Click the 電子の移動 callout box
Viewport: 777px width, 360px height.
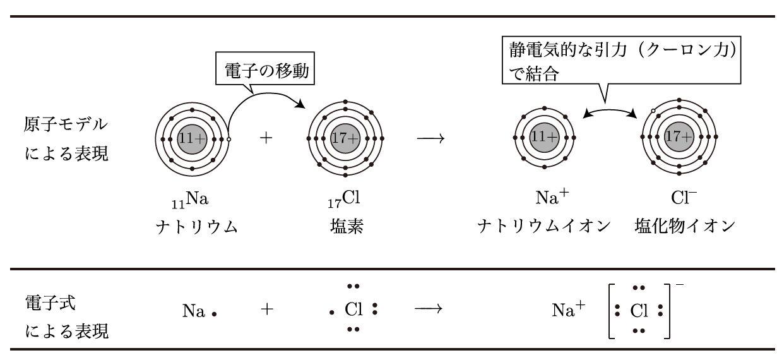click(x=263, y=73)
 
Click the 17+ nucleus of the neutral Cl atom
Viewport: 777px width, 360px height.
click(x=344, y=138)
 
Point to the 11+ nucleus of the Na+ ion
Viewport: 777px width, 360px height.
click(x=544, y=138)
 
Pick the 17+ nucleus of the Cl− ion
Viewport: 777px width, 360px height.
click(x=679, y=137)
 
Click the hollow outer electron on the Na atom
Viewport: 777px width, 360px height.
click(x=229, y=139)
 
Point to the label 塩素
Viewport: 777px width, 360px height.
click(x=344, y=227)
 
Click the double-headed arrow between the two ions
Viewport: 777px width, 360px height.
click(x=610, y=111)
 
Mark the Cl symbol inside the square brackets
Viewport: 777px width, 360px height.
click(x=639, y=311)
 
